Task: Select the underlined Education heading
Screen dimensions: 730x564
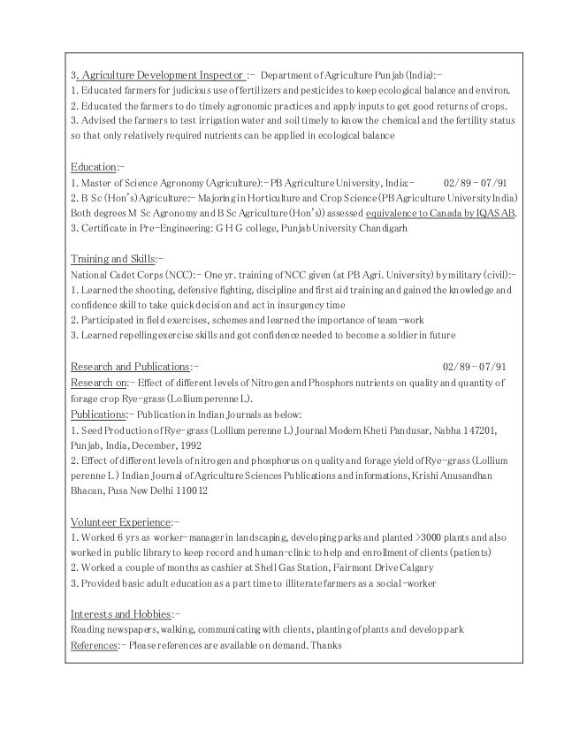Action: [92, 166]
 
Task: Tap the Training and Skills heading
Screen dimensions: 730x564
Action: [111, 258]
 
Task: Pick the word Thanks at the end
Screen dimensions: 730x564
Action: [326, 645]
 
